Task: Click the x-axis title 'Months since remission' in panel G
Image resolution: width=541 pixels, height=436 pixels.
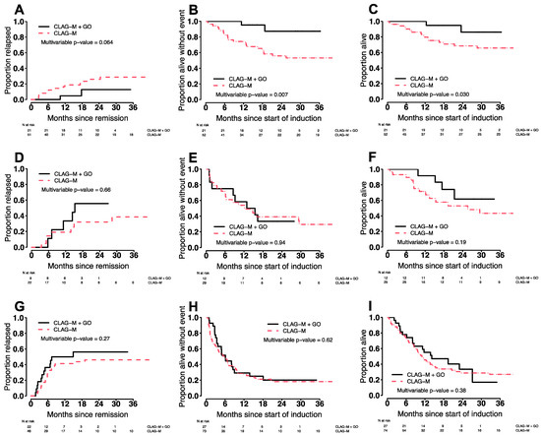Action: click(x=88, y=412)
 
